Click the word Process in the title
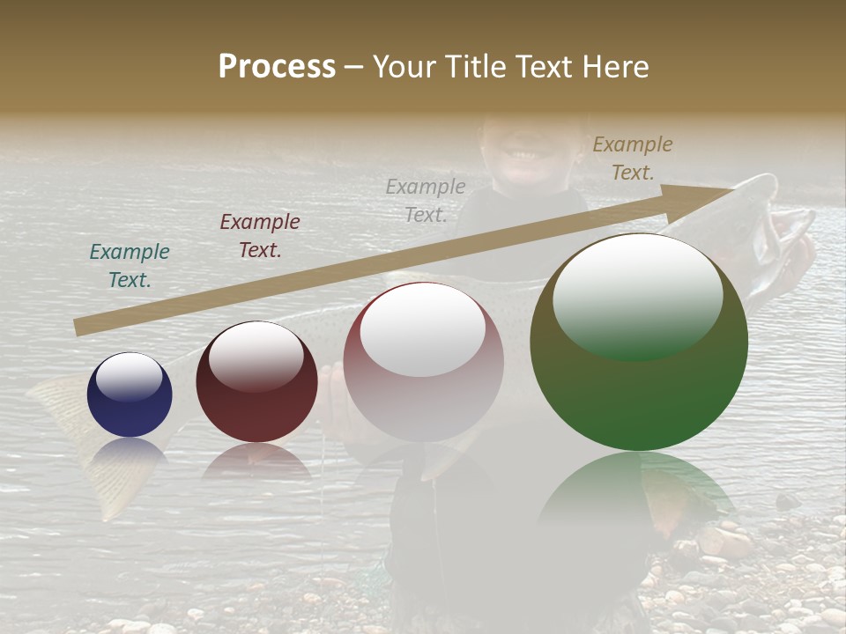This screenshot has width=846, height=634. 277,67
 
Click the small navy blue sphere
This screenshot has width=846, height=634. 130,394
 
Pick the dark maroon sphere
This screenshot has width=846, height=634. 256,381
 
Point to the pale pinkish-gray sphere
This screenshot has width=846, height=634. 423,361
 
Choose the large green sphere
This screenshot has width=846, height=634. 639,342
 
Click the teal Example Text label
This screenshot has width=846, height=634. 130,266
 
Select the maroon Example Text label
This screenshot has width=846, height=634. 260,236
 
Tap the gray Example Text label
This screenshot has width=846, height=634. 426,200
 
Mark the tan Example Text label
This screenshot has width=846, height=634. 633,158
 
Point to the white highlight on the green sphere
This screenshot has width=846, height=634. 637,295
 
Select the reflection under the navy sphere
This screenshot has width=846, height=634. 130,451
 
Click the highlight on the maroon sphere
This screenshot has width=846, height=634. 256,355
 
